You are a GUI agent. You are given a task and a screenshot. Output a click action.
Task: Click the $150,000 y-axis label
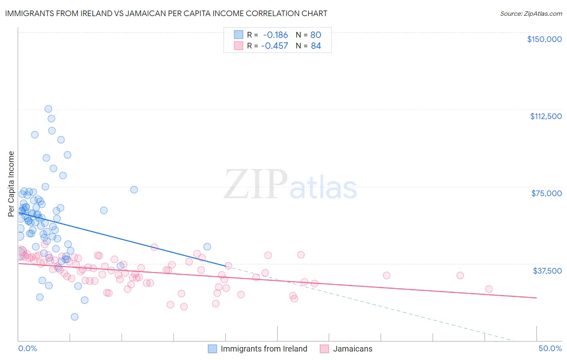coord(544,39)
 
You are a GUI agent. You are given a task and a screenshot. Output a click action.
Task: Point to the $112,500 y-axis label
coord(546,116)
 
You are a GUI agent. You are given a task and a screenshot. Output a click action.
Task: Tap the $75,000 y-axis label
coord(546,193)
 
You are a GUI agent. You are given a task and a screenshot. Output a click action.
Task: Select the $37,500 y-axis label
coord(547,270)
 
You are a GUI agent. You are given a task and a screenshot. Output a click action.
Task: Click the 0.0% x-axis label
coord(27,348)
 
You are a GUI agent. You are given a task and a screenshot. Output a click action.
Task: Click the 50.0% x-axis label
coord(550,348)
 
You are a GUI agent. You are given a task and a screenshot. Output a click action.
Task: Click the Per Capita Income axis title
coord(11,184)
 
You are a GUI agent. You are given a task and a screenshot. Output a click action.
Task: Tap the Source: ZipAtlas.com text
coord(531,13)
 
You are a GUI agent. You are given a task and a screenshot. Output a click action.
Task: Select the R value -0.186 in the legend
coord(275,35)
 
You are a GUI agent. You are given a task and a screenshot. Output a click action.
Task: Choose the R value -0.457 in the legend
coord(274,46)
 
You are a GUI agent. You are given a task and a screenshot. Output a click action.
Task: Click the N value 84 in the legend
coord(316,46)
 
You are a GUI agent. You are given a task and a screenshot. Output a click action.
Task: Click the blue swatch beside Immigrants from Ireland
coord(212,349)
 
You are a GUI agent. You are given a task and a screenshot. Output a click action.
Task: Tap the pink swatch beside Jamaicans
coord(324,349)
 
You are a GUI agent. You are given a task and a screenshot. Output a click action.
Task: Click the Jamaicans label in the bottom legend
coord(352,349)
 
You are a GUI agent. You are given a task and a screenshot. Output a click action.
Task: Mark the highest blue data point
coord(48,109)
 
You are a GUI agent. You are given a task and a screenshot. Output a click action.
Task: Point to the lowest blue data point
coord(75,317)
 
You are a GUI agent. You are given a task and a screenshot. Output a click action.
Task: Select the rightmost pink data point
coord(489,289)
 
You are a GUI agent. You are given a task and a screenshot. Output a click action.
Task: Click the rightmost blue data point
coord(207,247)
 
